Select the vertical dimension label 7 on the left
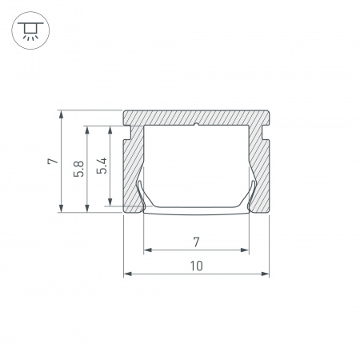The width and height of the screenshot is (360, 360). pos(52,161)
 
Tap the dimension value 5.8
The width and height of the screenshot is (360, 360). pos(77,169)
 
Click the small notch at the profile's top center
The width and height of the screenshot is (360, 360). pos(197,124)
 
